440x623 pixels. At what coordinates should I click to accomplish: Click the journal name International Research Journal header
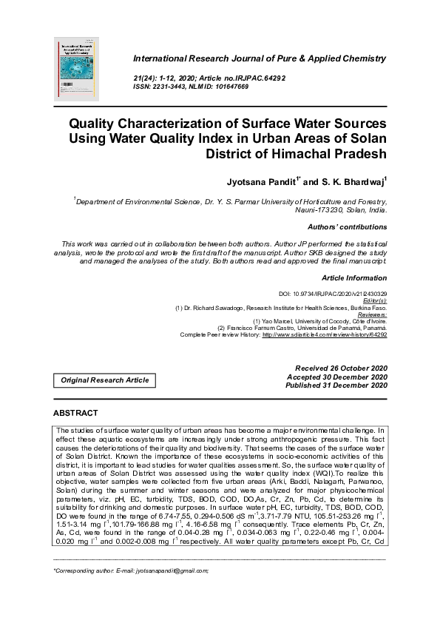(x=259, y=58)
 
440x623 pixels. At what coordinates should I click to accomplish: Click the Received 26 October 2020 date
(x=341, y=368)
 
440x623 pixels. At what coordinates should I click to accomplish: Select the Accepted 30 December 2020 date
(x=341, y=377)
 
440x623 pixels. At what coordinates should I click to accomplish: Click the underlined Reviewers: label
(x=370, y=314)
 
